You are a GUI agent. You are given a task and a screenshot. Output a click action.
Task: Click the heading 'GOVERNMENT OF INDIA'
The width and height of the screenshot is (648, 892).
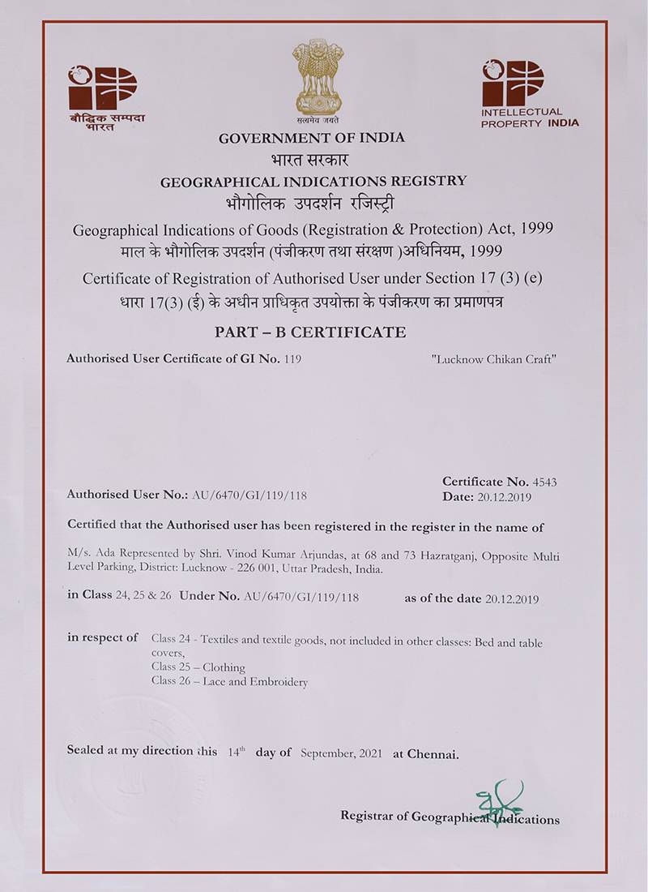[312, 138]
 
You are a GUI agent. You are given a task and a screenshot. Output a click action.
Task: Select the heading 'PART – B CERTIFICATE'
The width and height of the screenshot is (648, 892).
[311, 332]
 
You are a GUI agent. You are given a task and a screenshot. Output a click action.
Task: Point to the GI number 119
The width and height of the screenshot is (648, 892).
[293, 358]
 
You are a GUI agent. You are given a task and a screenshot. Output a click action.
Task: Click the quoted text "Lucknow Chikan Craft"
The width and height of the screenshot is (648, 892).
[494, 358]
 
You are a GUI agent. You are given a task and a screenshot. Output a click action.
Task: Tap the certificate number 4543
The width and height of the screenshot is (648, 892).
[545, 482]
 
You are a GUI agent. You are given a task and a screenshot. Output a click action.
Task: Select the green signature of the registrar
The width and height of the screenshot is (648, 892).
[496, 798]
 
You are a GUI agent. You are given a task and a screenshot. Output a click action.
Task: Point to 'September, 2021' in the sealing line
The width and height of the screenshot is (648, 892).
[343, 753]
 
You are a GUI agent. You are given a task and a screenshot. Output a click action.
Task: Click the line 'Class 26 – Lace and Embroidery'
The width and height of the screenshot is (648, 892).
[229, 682]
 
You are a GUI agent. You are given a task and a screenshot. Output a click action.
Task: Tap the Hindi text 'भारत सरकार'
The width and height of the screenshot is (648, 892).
[312, 159]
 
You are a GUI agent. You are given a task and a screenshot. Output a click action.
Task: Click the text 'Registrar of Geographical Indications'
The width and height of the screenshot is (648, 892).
[450, 818]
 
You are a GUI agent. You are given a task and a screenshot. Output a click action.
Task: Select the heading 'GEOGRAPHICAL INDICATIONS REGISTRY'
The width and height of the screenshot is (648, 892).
[313, 181]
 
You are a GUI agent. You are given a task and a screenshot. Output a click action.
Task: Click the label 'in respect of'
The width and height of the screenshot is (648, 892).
[103, 637]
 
